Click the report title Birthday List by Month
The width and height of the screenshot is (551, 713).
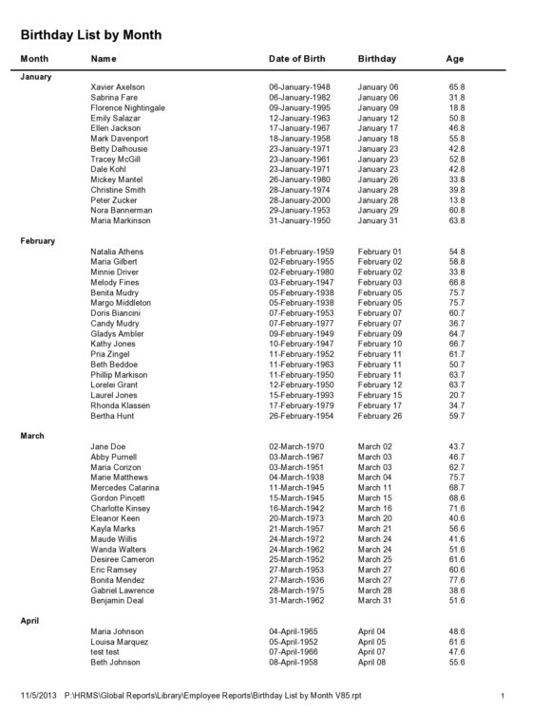91,35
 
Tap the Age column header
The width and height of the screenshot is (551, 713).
454,59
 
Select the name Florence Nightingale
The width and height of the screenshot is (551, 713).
127,107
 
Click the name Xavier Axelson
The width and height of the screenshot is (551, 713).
119,86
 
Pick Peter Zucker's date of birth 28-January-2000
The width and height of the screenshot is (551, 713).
300,200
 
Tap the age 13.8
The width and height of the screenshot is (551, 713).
456,200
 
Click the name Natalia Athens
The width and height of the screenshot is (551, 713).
118,251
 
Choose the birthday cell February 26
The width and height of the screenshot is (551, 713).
380,415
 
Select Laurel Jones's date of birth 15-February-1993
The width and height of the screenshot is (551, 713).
302,395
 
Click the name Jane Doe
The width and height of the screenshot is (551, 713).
107,446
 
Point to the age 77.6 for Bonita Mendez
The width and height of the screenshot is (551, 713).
456,579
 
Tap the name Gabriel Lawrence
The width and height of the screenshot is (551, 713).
123,590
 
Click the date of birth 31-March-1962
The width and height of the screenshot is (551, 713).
297,600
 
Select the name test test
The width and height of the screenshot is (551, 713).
105,651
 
